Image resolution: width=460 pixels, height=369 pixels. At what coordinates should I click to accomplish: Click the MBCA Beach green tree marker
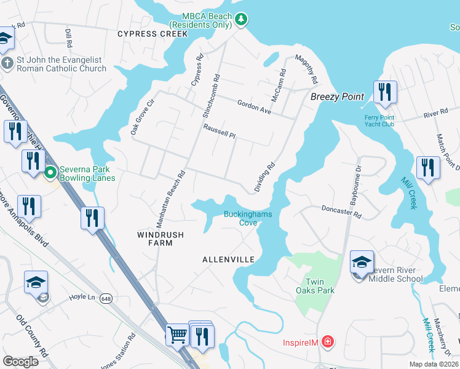pyautogui.click(x=242, y=20)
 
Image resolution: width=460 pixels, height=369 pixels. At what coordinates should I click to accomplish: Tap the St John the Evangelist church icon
pyautogui.click(x=7, y=64)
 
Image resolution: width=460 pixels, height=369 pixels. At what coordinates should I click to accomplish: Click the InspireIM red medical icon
pyautogui.click(x=328, y=341)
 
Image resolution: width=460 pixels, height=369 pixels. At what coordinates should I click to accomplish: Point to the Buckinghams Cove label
pyautogui.click(x=247, y=218)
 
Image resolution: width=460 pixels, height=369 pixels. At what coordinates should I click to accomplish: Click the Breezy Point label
pyautogui.click(x=337, y=97)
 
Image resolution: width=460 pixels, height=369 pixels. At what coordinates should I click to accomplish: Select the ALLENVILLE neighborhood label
pyautogui.click(x=228, y=260)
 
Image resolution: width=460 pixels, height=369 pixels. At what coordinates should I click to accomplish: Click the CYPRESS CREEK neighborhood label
pyautogui.click(x=152, y=34)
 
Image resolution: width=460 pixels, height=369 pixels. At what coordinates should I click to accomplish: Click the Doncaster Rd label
pyautogui.click(x=341, y=212)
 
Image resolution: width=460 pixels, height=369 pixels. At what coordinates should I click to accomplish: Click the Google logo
pyautogui.click(x=20, y=362)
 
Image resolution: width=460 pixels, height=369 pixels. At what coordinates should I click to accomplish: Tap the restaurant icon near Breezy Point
pyautogui.click(x=384, y=92)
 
